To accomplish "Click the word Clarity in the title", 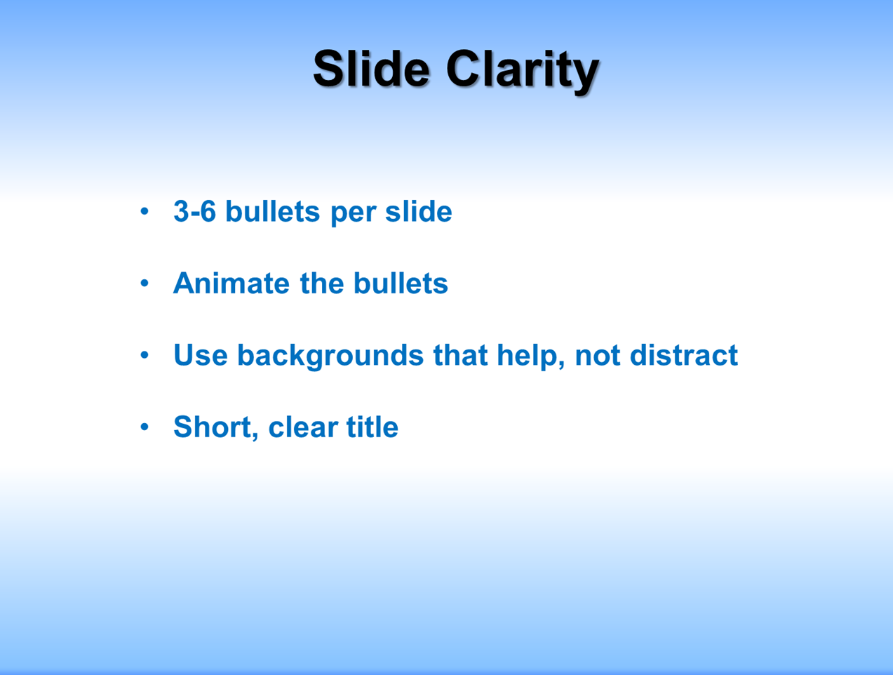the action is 523,72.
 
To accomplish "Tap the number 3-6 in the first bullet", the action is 194,211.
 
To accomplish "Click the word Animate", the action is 231,283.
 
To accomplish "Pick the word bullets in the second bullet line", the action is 401,283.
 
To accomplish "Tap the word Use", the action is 201,355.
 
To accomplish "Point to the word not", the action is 598,356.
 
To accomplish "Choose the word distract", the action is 684,355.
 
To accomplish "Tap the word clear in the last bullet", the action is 303,427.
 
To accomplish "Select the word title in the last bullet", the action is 372,427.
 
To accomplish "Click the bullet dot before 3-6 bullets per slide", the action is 145,211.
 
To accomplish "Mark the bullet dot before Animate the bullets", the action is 145,283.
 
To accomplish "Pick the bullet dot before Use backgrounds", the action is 145,355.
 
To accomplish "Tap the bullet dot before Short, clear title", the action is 145,427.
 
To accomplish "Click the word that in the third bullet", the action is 461,355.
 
